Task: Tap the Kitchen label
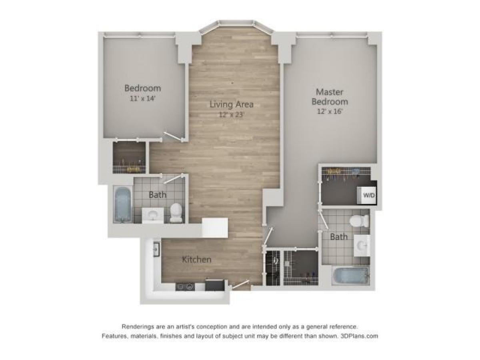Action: click(196, 260)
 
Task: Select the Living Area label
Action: click(232, 104)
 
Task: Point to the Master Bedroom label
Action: click(330, 96)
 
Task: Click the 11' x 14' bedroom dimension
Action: click(142, 98)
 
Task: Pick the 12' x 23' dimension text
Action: click(232, 115)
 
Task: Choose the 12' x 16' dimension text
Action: click(330, 112)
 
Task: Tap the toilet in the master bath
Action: click(358, 220)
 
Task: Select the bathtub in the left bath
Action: click(123, 204)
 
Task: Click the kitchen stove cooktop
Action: click(185, 286)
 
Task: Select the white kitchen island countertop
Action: click(215, 228)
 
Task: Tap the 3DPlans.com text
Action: click(359, 336)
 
